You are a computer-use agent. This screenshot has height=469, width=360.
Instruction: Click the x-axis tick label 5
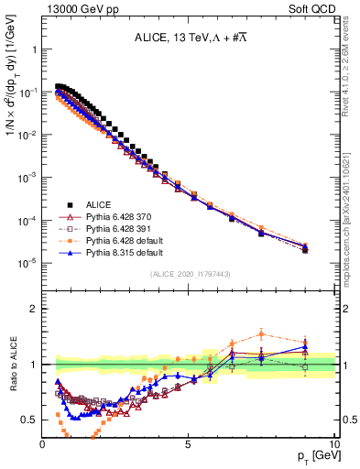point(189,443)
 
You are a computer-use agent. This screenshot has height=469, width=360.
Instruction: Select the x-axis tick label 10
point(333,443)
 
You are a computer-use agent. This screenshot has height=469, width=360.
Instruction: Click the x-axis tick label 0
point(43,443)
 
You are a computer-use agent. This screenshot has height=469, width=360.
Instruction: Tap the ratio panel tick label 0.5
point(29,420)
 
